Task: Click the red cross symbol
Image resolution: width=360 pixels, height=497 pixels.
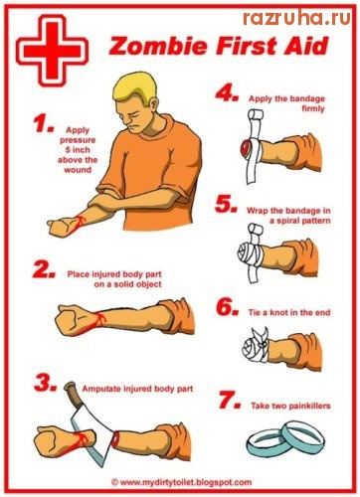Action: [x=52, y=51]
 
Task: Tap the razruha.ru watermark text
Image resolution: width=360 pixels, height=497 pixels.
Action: [x=296, y=17]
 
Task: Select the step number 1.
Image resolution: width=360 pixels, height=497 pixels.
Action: [x=43, y=123]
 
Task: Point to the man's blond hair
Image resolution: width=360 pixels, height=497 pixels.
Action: [x=133, y=87]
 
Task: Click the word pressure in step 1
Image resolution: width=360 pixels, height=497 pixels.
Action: [x=78, y=140]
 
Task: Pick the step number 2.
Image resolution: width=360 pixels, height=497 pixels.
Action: [x=44, y=269]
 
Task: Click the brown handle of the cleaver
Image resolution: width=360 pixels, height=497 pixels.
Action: [x=74, y=395]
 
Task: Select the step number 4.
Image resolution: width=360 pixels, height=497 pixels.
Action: [x=227, y=93]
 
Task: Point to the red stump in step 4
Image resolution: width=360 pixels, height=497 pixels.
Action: [x=246, y=149]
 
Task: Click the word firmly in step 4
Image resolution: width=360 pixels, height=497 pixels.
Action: [x=313, y=108]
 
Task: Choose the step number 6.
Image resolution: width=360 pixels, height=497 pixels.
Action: [x=228, y=307]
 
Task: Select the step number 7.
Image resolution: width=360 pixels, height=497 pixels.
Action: [x=230, y=400]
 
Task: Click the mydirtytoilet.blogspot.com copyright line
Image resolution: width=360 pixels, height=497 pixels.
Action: [x=181, y=482]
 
